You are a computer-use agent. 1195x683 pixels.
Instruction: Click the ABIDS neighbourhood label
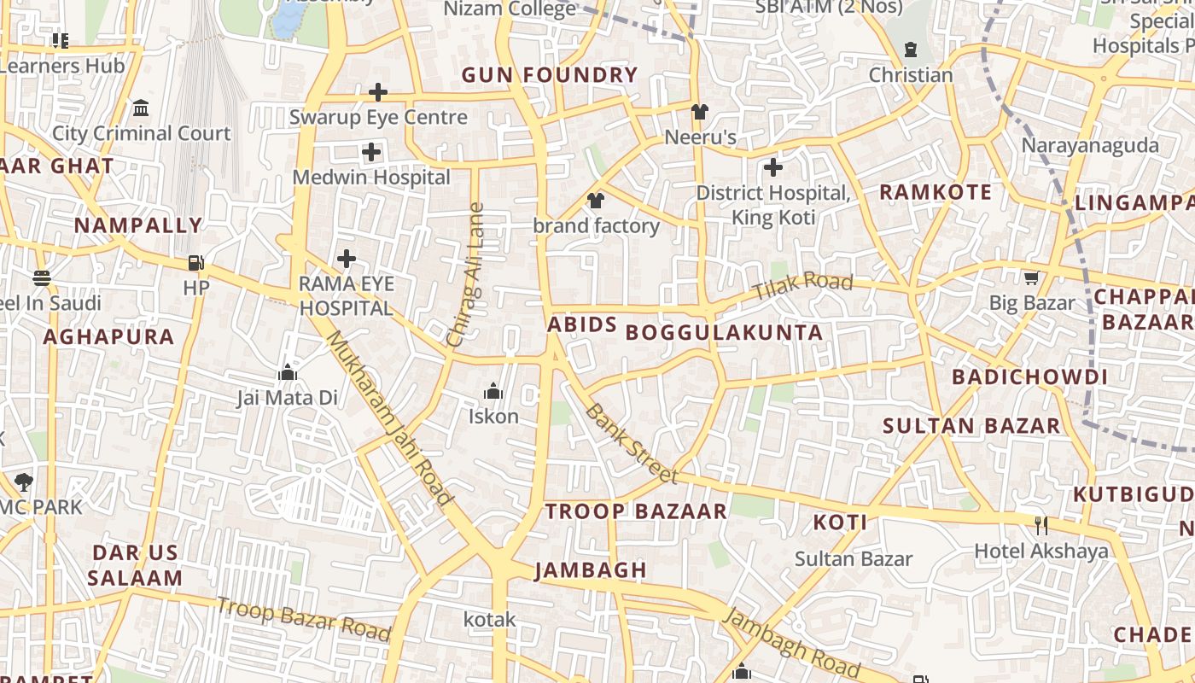[x=581, y=325]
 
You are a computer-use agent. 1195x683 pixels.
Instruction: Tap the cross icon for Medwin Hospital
[x=371, y=153]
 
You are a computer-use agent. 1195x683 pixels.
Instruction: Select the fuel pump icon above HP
[x=196, y=263]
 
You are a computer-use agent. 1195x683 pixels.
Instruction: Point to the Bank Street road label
[x=632, y=443]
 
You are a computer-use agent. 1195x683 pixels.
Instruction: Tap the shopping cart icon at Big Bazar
[x=1032, y=277]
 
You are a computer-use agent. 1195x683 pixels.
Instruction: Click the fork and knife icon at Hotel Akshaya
[x=1041, y=525]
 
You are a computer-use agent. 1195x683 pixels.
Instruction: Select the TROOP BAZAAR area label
[x=636, y=511]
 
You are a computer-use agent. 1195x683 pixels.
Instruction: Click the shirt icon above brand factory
[x=596, y=201]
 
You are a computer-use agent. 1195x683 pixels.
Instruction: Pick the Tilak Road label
[x=802, y=287]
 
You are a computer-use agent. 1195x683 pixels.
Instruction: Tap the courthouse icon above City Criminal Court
[x=141, y=108]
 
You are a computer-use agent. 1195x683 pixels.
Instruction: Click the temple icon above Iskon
[x=493, y=392]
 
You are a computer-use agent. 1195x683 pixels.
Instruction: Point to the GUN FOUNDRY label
[x=550, y=75]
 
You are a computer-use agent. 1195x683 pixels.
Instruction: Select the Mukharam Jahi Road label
[x=388, y=417]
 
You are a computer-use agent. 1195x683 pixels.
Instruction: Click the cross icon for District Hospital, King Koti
[x=773, y=167]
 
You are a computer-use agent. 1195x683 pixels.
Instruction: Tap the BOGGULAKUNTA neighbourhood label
[x=725, y=333]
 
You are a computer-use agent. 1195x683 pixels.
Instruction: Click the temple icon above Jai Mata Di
[x=287, y=372]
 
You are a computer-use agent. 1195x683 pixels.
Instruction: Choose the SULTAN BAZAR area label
[x=971, y=425]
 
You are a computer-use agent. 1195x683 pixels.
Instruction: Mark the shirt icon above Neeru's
[x=700, y=112]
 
